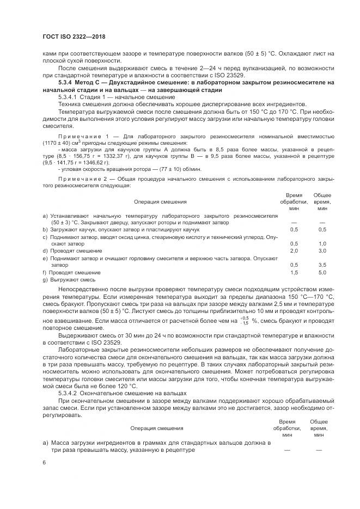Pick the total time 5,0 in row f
[322, 272]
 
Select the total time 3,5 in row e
[322, 265]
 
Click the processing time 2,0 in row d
[294, 250]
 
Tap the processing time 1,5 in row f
[294, 272]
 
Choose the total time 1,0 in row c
[322, 243]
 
